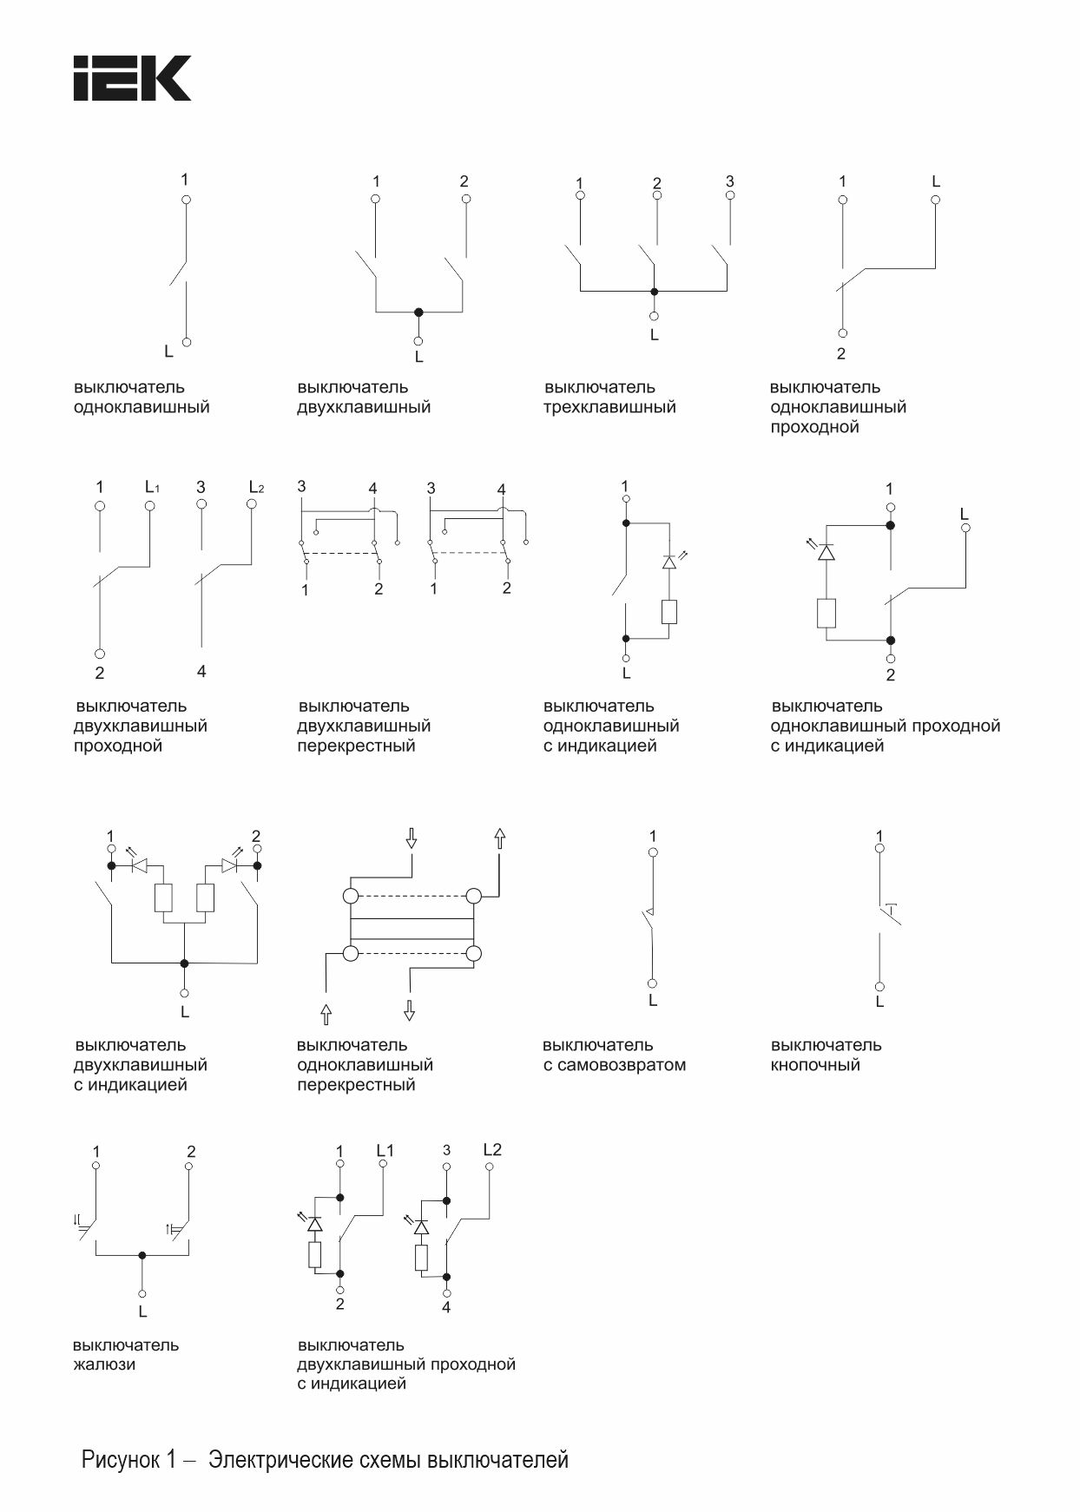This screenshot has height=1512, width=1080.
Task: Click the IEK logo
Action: [132, 78]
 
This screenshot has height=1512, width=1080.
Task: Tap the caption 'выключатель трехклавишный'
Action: [609, 398]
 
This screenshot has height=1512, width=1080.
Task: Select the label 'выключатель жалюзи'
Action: [125, 1354]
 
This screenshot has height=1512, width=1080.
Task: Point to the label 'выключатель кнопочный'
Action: [826, 1055]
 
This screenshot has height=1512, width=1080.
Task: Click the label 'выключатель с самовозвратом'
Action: [614, 1055]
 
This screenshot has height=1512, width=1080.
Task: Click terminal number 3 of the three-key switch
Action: [729, 181]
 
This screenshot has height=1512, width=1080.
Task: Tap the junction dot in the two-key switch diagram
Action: [418, 312]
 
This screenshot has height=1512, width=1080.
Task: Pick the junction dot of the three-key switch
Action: [655, 292]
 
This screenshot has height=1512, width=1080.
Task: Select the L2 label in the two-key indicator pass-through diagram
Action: [491, 1150]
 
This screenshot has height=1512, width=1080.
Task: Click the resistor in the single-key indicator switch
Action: [668, 612]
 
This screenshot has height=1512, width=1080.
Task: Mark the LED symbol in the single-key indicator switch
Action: [668, 562]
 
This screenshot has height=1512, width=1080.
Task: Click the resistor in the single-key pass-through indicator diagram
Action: [826, 613]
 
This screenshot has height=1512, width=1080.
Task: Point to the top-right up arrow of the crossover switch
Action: [499, 838]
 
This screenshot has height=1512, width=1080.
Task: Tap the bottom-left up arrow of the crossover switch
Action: [326, 1013]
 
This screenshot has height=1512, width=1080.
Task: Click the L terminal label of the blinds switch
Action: [142, 1311]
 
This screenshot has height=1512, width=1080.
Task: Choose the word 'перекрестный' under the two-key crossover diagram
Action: [356, 746]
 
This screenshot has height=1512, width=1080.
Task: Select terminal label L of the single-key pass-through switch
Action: [935, 181]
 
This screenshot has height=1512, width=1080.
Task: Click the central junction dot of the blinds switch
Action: [142, 1255]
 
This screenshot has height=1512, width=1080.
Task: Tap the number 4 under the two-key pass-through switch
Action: [201, 671]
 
